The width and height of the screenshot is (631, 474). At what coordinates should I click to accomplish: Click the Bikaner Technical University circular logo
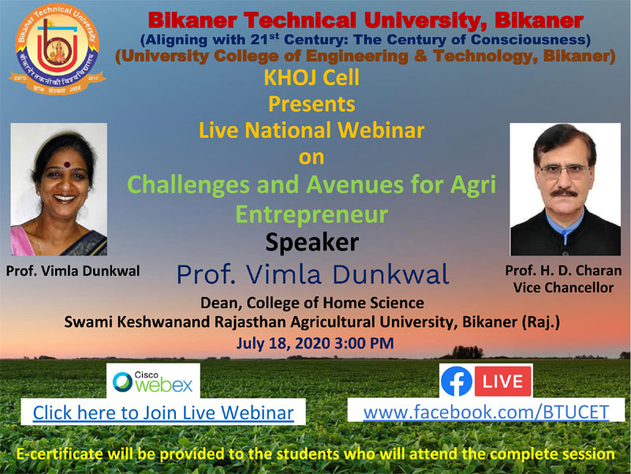(57, 49)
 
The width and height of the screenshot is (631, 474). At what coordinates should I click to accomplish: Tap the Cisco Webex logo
(153, 382)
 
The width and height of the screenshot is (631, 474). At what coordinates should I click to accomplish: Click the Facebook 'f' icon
(457, 382)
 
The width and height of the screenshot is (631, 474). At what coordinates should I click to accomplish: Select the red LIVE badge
(502, 382)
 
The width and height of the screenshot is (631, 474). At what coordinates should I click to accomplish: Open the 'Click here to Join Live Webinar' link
(163, 412)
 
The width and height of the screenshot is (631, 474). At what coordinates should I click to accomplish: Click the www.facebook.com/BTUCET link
(486, 412)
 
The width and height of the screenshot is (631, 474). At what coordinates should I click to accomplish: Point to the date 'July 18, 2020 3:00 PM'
(315, 343)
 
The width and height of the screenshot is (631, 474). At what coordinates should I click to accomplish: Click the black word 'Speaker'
(312, 243)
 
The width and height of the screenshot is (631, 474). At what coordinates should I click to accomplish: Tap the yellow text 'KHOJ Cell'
(312, 77)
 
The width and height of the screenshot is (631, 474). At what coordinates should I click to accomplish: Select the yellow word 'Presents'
(312, 104)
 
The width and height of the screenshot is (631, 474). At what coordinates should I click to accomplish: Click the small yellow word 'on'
(312, 157)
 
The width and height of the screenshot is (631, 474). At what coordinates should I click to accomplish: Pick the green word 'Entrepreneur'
(312, 214)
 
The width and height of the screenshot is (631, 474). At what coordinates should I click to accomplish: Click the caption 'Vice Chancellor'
(563, 288)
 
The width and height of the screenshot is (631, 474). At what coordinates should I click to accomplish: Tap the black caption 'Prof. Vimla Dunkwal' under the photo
(73, 271)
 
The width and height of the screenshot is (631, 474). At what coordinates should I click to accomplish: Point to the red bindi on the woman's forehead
(67, 164)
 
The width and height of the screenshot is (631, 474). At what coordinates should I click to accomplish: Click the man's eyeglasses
(563, 171)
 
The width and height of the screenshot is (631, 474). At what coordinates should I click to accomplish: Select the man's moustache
(563, 193)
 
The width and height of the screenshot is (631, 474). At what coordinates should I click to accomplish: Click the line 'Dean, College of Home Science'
(312, 303)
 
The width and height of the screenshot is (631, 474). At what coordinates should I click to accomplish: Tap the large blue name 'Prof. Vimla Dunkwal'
(312, 274)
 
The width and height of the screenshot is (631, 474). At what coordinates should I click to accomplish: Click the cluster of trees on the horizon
(467, 352)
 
